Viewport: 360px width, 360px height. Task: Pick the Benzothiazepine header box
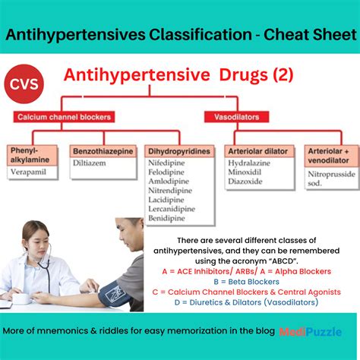click(103, 151)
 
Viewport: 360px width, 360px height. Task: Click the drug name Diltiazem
click(92, 163)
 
